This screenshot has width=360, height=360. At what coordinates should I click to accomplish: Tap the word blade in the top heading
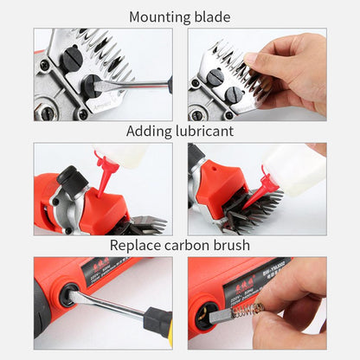coord(213,16)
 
